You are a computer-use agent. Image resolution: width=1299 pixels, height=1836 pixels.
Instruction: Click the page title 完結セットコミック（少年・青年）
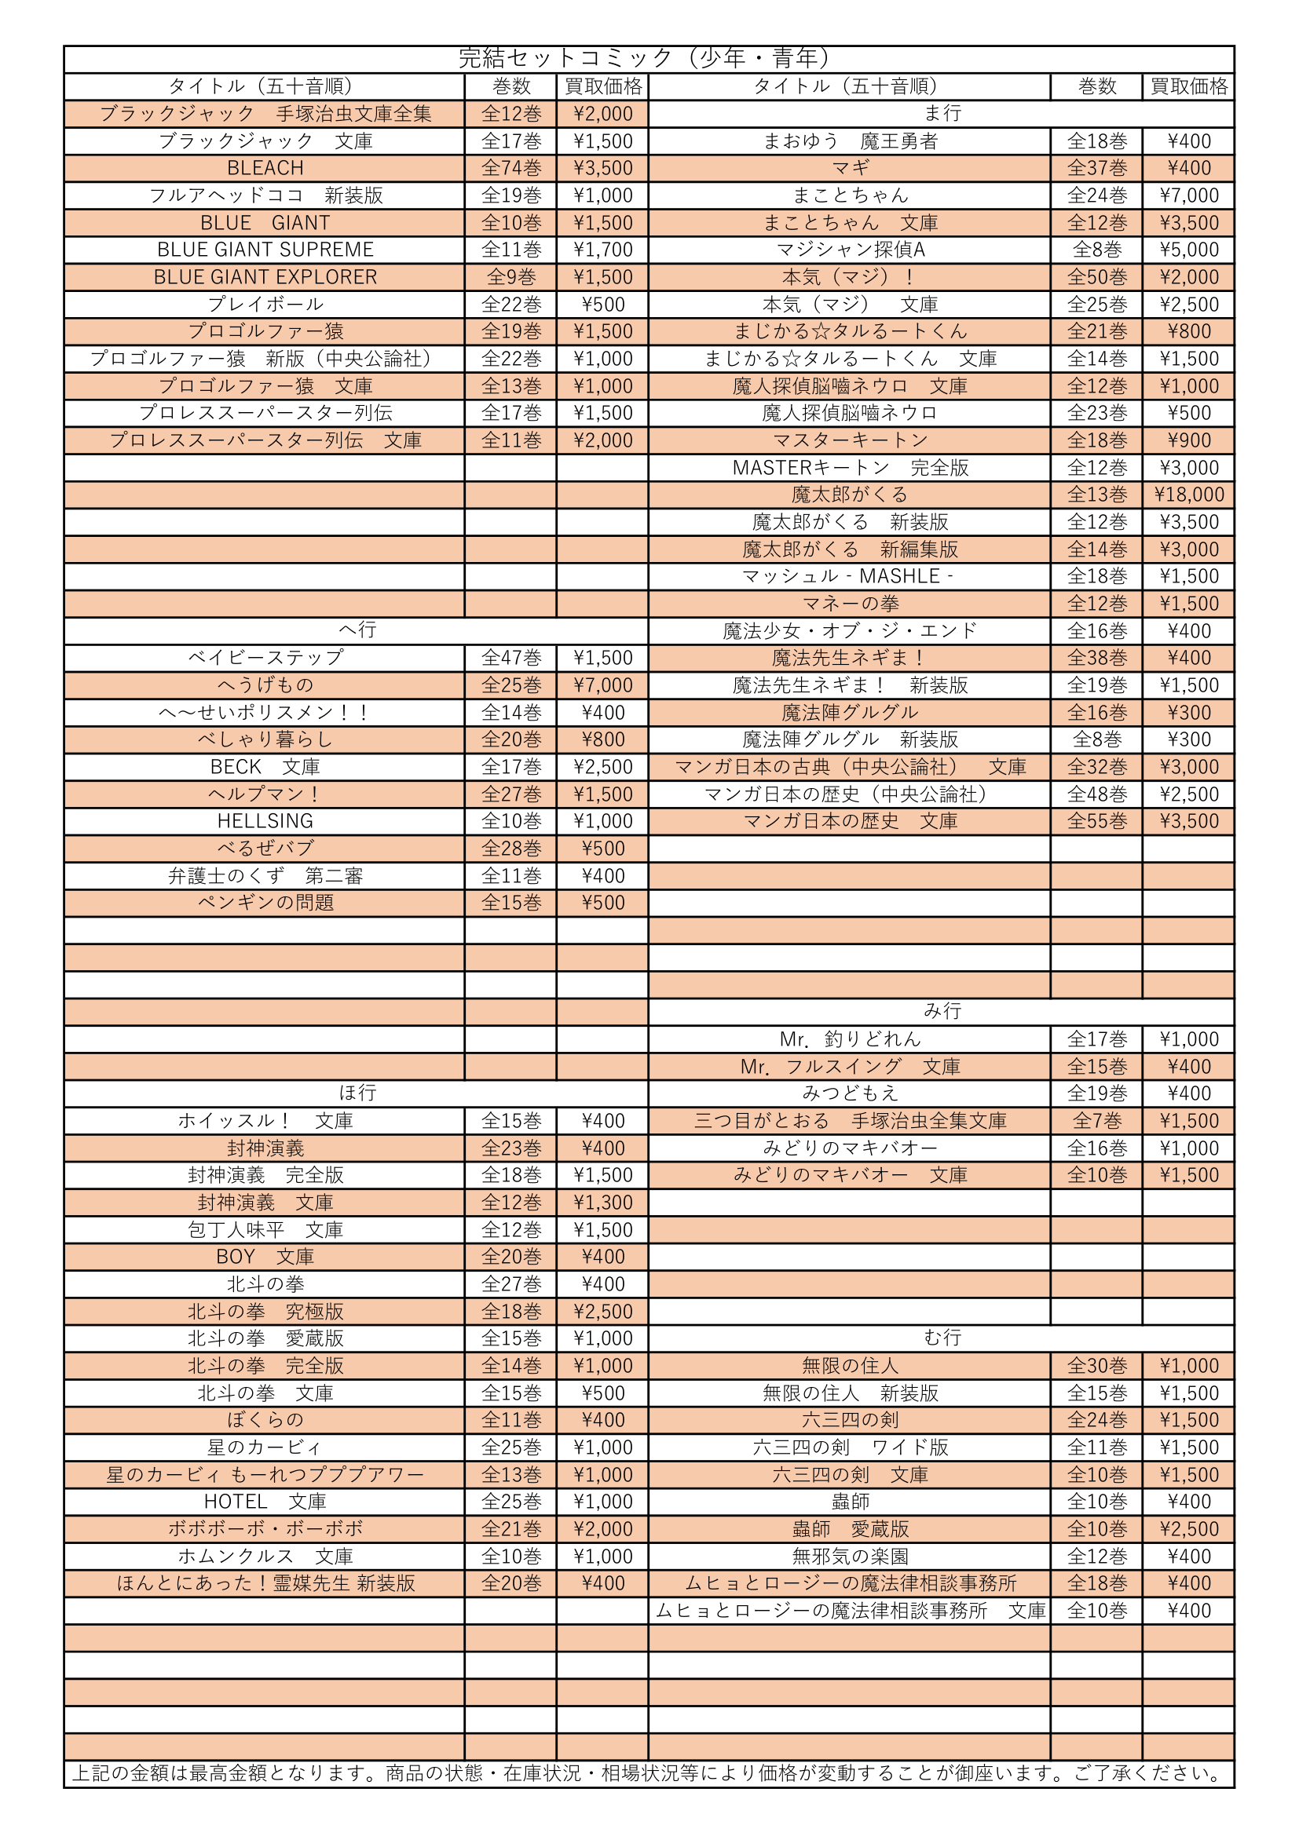tap(648, 58)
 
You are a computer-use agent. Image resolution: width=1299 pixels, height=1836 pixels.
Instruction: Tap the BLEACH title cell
tap(265, 168)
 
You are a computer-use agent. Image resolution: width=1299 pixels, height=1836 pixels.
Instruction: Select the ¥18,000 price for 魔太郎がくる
tap(1188, 495)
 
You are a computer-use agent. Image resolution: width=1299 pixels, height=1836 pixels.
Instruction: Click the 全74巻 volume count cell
tap(511, 168)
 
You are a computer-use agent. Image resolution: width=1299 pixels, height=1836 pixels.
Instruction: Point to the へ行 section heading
tap(357, 630)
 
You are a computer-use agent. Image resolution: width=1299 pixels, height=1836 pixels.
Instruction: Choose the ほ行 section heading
tap(357, 1093)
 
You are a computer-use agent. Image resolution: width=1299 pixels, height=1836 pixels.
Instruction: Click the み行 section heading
tap(942, 1011)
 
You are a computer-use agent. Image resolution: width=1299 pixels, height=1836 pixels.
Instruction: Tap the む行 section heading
tap(942, 1338)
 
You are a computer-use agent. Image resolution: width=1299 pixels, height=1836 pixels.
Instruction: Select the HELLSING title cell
tap(265, 821)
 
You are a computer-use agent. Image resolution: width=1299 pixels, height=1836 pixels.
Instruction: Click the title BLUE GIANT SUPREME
tap(265, 250)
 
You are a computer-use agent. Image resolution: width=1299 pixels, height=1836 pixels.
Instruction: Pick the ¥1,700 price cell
tap(602, 250)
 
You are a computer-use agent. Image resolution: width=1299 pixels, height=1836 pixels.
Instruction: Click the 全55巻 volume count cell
tap(1096, 821)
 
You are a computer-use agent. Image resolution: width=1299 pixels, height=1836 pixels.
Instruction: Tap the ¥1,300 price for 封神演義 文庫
tap(602, 1202)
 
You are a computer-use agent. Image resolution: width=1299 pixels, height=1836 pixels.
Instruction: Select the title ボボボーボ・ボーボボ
tap(265, 1528)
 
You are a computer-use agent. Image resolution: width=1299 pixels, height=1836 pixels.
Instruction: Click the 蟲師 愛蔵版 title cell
tap(851, 1528)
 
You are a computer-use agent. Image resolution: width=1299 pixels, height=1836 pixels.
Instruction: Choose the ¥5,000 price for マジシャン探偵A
tap(1188, 250)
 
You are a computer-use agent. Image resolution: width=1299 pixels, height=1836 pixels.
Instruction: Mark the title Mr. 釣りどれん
tap(851, 1038)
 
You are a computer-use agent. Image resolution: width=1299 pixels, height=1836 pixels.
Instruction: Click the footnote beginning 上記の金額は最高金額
tap(648, 1773)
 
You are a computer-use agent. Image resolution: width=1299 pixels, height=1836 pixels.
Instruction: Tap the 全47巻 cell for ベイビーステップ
tap(511, 657)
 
